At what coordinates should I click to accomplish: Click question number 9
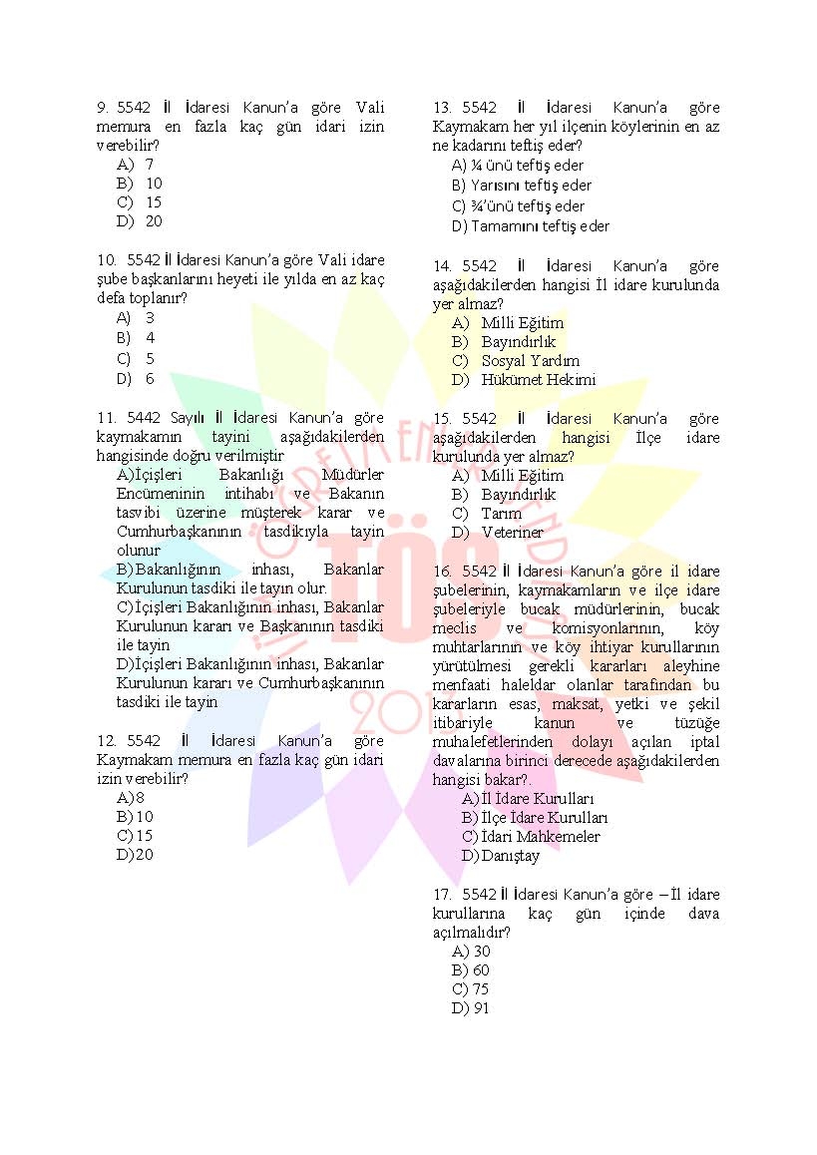pos(102,108)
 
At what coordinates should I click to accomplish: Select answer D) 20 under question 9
pos(140,221)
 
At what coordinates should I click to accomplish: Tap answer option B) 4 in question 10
pos(137,338)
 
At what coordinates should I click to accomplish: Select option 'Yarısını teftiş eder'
pos(521,186)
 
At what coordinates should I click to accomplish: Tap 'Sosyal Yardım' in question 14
pos(530,361)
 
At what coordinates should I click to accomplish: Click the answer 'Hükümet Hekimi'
pos(538,380)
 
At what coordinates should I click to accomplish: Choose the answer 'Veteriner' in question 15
pos(512,533)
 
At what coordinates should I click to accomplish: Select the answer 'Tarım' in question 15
pos(501,514)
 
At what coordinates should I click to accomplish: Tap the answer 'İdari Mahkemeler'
pos(531,837)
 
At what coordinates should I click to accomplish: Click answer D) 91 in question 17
pos(471,1008)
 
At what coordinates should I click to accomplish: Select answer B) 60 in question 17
pos(471,970)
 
